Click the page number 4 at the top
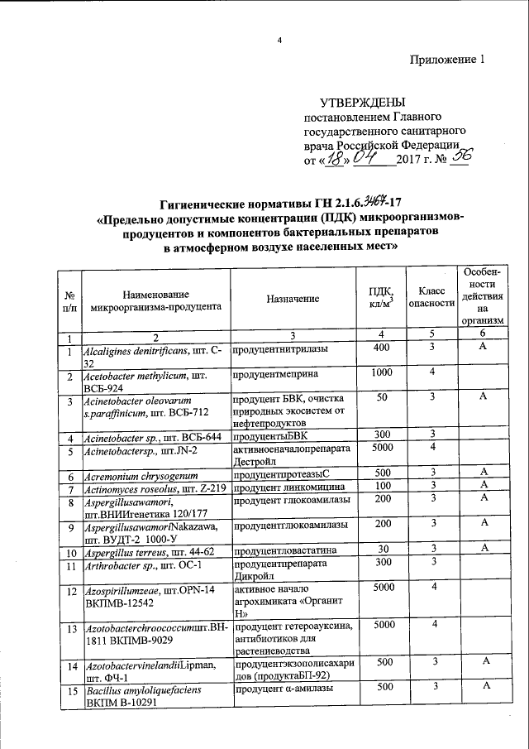coord(279,41)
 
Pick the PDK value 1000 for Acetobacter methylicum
coord(380,374)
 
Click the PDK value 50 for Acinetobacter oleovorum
coord(380,399)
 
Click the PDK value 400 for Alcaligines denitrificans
coord(380,349)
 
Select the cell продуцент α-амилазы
coord(280,688)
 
